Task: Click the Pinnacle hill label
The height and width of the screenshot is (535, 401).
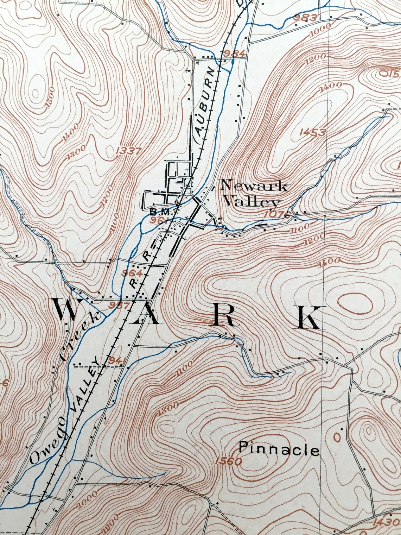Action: [279, 449]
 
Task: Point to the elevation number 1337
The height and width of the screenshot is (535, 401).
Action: [128, 151]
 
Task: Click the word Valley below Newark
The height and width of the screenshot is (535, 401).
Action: [252, 202]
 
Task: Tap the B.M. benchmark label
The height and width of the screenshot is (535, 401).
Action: [160, 212]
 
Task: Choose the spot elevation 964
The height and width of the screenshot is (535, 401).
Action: [132, 273]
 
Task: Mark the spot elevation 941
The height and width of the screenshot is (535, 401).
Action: [117, 360]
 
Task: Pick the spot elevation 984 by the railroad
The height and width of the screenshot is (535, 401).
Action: [234, 53]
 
